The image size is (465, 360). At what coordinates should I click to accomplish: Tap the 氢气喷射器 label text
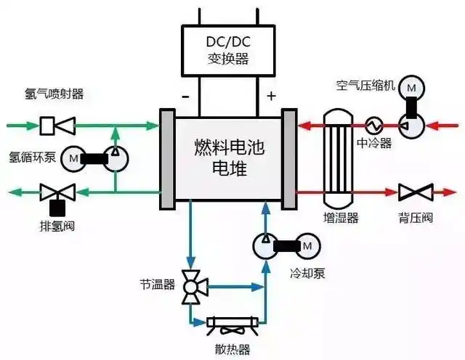(x=54, y=94)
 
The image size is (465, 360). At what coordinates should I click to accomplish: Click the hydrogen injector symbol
(x=55, y=126)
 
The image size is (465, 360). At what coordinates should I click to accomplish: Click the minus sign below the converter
(x=185, y=96)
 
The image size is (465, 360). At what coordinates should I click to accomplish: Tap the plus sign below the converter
(x=272, y=96)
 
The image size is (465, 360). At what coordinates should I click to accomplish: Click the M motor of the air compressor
(x=412, y=89)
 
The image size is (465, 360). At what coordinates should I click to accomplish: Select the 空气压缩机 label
(x=365, y=86)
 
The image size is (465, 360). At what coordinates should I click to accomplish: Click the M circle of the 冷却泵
(x=307, y=245)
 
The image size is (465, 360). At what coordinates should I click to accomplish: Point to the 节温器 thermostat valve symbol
(x=193, y=287)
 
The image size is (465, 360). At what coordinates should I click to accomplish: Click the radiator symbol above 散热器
(x=229, y=324)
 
